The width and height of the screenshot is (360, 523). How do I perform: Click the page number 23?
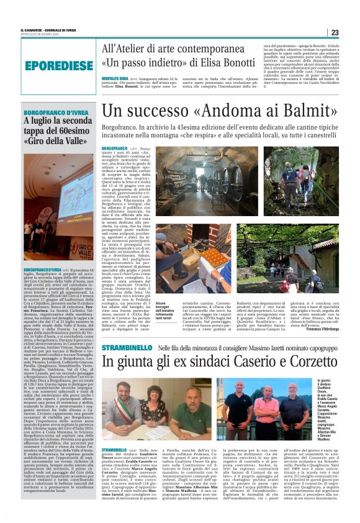335,32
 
